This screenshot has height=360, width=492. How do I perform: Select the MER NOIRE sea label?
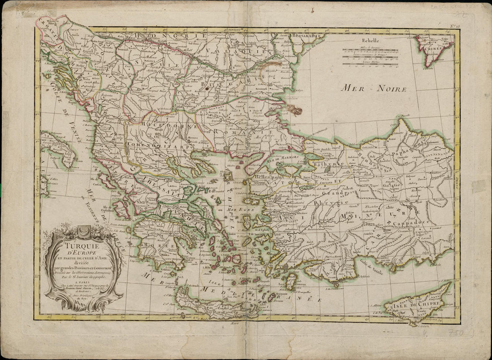click(x=373, y=88)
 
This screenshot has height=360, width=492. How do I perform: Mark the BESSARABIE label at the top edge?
click(x=309, y=35)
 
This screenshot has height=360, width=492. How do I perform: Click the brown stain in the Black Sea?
click(x=295, y=109)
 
